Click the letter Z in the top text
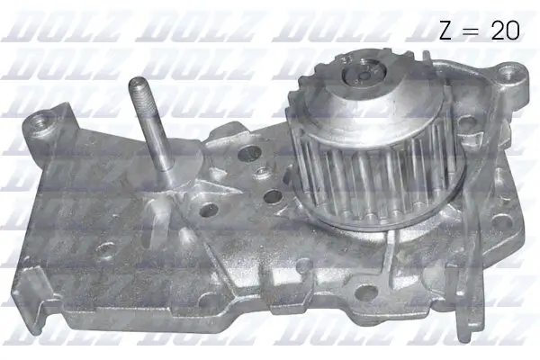448,31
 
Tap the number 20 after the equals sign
505,31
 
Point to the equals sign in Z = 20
475,31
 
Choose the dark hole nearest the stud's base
209,210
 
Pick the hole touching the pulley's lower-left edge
272,197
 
